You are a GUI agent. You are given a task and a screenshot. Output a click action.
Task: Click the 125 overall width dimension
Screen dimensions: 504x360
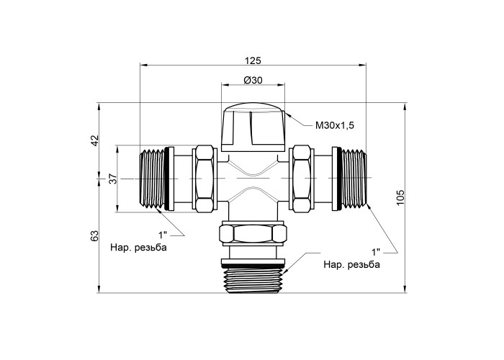click(x=253, y=60)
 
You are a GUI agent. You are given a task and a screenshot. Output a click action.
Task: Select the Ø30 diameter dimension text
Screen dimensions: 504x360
click(x=253, y=80)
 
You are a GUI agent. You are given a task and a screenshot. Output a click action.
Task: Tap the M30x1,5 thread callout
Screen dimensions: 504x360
click(x=335, y=125)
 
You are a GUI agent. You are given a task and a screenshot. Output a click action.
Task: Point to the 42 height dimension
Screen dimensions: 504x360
click(x=94, y=140)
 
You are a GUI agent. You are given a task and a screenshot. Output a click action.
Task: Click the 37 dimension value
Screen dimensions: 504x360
click(x=112, y=179)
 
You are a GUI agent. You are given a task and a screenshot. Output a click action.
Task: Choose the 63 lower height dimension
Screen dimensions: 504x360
click(x=94, y=236)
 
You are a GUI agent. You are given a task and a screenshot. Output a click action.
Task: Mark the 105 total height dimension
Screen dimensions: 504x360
click(x=400, y=197)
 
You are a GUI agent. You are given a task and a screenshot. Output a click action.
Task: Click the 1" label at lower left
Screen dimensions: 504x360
click(x=163, y=235)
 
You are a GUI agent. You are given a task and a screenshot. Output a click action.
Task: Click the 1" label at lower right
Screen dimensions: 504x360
click(x=376, y=252)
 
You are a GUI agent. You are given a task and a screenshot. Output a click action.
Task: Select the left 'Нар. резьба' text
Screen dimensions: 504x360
click(x=138, y=248)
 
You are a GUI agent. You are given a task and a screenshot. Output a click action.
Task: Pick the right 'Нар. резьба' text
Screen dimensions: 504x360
click(x=351, y=264)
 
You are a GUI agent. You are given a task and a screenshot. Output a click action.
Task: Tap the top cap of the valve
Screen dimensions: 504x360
click(x=253, y=127)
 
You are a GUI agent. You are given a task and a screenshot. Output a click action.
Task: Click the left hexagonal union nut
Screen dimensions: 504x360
click(x=204, y=179)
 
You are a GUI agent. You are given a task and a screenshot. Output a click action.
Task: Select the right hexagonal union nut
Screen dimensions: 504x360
click(x=302, y=179)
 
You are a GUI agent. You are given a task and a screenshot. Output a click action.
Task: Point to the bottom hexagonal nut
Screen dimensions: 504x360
click(x=253, y=234)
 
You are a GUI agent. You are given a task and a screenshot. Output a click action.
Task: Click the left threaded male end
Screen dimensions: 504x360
click(x=152, y=179)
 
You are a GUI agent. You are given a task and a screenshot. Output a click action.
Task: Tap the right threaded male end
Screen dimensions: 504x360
click(x=354, y=179)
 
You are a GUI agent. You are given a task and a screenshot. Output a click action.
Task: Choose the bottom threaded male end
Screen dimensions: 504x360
click(x=253, y=280)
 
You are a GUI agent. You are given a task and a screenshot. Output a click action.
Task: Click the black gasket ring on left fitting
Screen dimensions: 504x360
click(x=166, y=179)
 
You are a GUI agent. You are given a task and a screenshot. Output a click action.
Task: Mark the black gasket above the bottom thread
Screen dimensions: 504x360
click(x=253, y=266)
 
